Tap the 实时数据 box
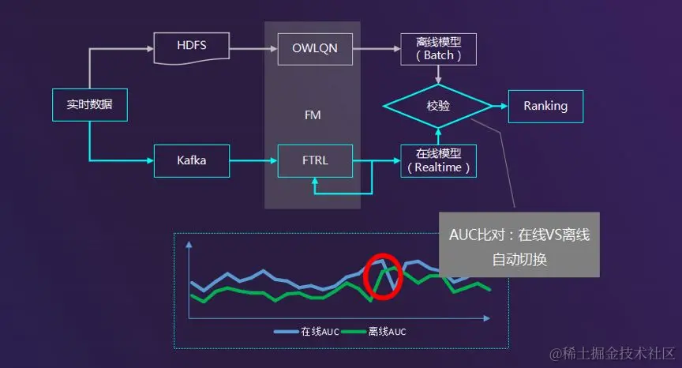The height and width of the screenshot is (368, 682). coord(89,106)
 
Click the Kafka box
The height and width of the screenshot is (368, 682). coord(191,161)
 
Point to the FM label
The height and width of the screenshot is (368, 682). coord(313,115)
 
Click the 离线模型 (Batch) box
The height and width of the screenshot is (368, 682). coord(438,49)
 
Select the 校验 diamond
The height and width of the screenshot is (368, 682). coord(438,106)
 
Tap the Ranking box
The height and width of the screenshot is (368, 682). coord(545,106)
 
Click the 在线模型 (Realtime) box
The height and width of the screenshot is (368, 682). coord(438,161)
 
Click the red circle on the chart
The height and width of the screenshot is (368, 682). coord(383,277)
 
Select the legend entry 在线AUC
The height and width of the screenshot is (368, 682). coord(308,332)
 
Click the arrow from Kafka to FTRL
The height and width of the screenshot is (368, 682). coord(253,161)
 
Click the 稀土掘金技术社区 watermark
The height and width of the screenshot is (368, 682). coord(613,352)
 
